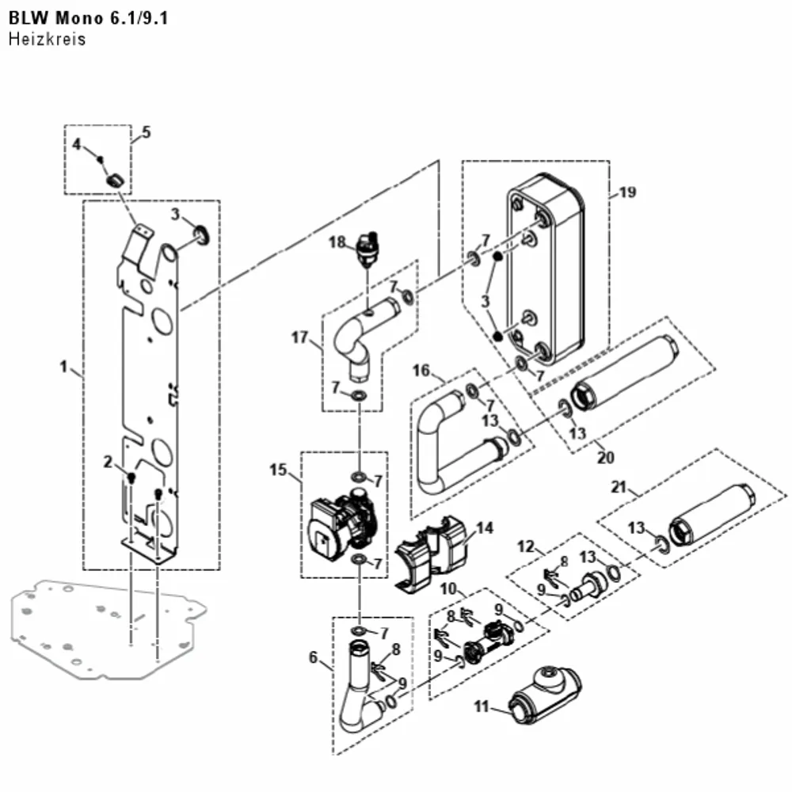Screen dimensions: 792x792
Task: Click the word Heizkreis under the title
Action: (47, 39)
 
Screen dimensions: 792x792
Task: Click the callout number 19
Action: (627, 192)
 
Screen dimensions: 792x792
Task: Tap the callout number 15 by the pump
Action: (278, 470)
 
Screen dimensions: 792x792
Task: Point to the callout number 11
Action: (482, 706)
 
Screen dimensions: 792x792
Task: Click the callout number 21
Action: (619, 487)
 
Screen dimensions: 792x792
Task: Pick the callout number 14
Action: (485, 527)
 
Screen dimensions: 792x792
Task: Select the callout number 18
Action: (337, 242)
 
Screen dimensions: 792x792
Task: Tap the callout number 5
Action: (146, 132)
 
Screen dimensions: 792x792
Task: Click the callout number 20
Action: (606, 457)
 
